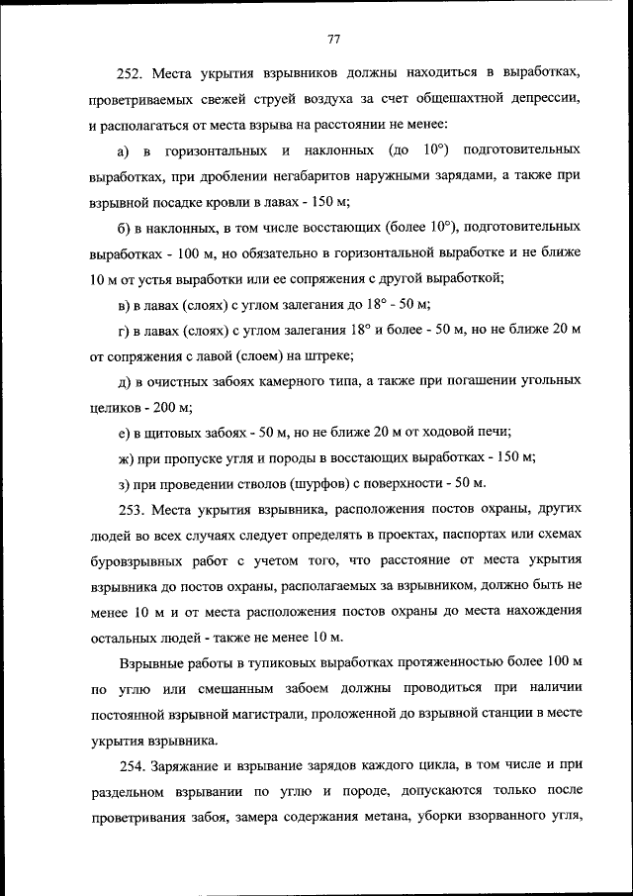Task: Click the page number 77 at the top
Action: [333, 40]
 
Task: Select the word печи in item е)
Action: [494, 432]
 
